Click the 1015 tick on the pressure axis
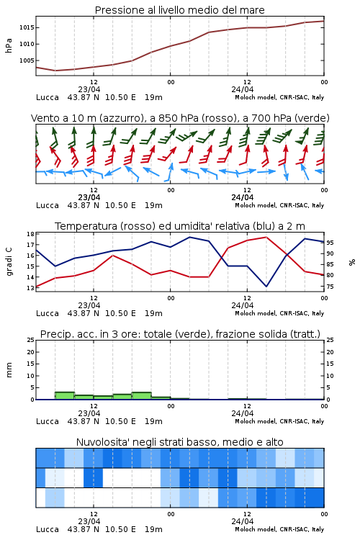tap(26, 27)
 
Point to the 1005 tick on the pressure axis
tap(26, 60)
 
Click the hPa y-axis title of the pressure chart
tap(9, 45)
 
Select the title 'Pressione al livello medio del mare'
tap(180, 10)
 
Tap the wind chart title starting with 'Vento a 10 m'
tap(180, 118)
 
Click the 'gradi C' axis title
tap(9, 261)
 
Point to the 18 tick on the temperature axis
tap(30, 234)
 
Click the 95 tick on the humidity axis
tap(330, 243)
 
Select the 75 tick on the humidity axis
tap(330, 287)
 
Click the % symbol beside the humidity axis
tap(352, 262)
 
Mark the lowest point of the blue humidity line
tap(266, 286)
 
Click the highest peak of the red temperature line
tap(266, 237)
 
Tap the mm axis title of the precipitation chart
tap(9, 370)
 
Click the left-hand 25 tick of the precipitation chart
tap(30, 341)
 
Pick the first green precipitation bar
tap(65, 396)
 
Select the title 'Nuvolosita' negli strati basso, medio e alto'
tap(180, 442)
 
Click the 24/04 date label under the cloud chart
tap(242, 521)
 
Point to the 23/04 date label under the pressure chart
tap(89, 89)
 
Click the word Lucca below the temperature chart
tap(48, 313)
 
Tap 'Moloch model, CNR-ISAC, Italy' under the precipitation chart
tap(279, 421)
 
